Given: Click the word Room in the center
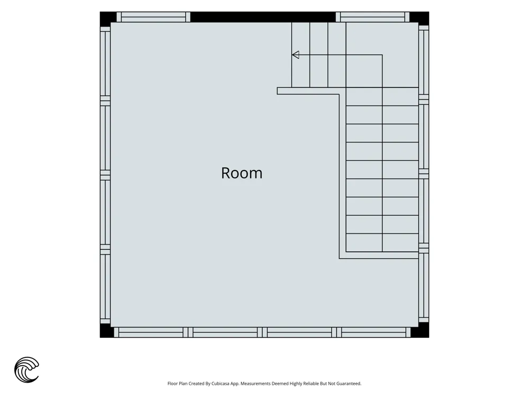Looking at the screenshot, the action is tap(242, 173).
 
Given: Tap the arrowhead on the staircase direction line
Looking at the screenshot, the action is tap(296, 55).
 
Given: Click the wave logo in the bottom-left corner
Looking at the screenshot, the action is tap(26, 369).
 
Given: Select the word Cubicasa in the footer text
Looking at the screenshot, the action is tap(221, 383).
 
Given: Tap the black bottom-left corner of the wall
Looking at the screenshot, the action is tap(107, 330).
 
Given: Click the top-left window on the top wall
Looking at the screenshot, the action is tap(153, 17).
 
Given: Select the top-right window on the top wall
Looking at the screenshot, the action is tap(372, 17).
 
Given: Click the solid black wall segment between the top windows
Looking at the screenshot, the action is tap(263, 17).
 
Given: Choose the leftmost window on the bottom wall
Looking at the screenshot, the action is tap(151, 332).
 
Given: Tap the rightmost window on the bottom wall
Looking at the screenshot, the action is tap(373, 332).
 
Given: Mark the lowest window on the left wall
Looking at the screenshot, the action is tap(105, 286).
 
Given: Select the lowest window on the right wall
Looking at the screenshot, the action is tap(424, 285).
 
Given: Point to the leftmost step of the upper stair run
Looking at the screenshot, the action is tap(300, 55).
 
